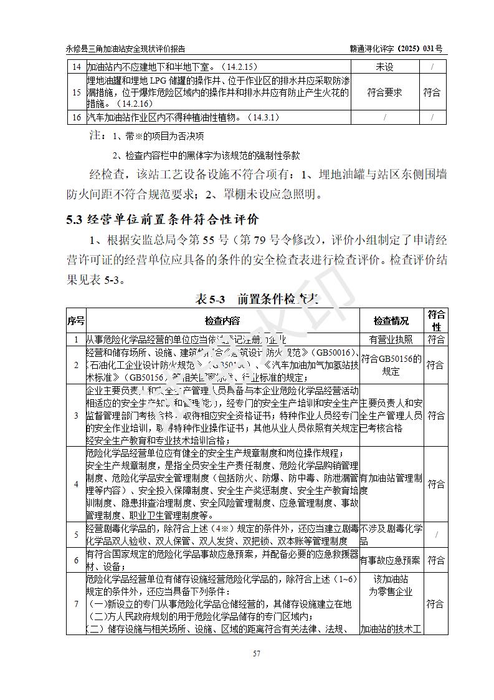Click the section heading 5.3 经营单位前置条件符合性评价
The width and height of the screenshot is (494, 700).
[x=163, y=219]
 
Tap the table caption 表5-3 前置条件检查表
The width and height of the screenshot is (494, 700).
[x=257, y=299]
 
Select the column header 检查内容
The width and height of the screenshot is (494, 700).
[x=222, y=321]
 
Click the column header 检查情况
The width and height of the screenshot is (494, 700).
[x=391, y=321]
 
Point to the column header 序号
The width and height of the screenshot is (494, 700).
[x=75, y=321]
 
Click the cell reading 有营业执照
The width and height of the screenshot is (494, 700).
[x=391, y=339]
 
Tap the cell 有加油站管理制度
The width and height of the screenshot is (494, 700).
[x=391, y=484]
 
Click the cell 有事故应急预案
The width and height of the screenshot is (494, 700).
[x=391, y=560]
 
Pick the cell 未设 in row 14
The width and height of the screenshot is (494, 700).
[x=384, y=67]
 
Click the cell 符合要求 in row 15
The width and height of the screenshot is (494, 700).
[x=384, y=92]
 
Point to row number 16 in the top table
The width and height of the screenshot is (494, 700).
[x=76, y=117]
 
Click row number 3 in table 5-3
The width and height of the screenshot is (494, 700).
[x=76, y=415]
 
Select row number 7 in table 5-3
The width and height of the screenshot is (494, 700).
[x=76, y=604]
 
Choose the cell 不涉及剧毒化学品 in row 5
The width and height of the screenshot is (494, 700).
[x=391, y=535]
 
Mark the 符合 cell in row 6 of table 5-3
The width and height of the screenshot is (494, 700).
[x=435, y=560]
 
